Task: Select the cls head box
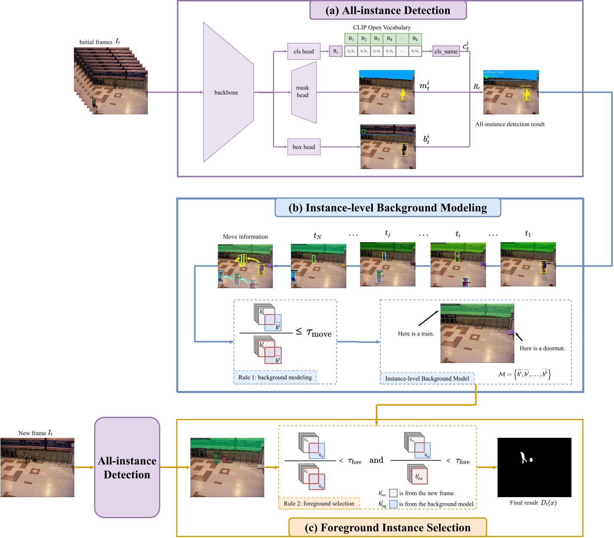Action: (x=304, y=52)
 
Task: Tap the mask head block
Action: (x=303, y=92)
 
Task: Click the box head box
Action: (x=304, y=147)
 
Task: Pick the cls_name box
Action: (x=446, y=52)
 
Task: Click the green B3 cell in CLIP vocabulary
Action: (x=377, y=39)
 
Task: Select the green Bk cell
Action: (x=415, y=39)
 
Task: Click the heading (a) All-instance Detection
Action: (x=388, y=11)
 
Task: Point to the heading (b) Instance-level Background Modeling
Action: (x=388, y=208)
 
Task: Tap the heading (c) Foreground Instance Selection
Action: (x=387, y=528)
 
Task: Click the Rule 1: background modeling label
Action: (x=275, y=377)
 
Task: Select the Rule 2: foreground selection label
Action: (x=319, y=504)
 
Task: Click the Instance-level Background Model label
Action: (x=427, y=378)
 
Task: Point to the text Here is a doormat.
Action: (x=542, y=348)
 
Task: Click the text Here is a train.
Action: (x=416, y=334)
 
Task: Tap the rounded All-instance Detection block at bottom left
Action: (x=127, y=467)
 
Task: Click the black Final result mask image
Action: (x=534, y=467)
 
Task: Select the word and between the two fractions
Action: (x=376, y=460)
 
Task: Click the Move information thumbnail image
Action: (x=245, y=266)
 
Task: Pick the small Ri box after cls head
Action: (x=336, y=52)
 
